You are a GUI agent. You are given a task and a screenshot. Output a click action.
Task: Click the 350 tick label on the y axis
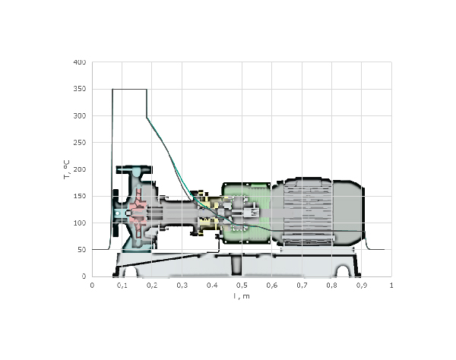coord(80,89)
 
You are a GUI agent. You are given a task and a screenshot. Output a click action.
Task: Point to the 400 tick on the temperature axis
coord(80,62)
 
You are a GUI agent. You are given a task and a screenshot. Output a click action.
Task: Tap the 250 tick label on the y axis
coord(80,143)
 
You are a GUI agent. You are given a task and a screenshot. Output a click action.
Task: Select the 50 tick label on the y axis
coord(82,250)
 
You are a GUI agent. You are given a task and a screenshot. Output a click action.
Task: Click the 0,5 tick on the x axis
coord(242,286)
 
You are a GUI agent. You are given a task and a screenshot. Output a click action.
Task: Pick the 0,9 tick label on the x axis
coord(362,286)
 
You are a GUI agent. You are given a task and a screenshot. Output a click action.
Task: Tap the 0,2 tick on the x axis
coord(152,286)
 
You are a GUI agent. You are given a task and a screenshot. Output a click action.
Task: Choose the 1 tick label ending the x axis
coord(391,286)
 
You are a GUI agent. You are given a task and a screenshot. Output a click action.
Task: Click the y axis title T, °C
coord(67,169)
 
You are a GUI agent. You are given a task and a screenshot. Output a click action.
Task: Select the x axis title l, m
coord(242,296)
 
